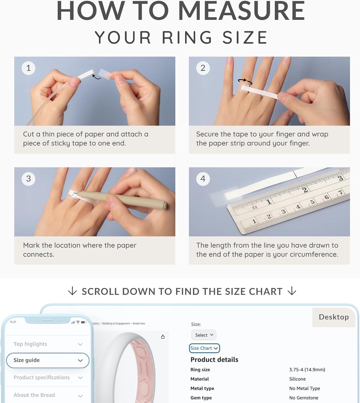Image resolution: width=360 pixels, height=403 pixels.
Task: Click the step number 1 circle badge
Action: click(28, 68)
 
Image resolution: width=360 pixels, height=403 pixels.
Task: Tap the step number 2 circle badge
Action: click(203, 68)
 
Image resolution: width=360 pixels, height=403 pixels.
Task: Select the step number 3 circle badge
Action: click(28, 179)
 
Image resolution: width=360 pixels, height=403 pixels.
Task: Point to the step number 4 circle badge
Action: click(203, 179)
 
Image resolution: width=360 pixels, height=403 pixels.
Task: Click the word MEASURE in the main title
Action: click(241, 11)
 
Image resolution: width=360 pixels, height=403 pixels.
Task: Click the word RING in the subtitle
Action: click(187, 37)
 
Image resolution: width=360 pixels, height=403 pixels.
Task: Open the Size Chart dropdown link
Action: click(204, 348)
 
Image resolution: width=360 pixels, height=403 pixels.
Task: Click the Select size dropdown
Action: click(204, 335)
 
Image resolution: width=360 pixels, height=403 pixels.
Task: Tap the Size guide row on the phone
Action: click(48, 360)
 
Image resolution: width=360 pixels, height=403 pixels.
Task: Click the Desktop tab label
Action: click(334, 317)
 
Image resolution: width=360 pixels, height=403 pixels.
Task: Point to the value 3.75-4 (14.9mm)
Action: click(307, 370)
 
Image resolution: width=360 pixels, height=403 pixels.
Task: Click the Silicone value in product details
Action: click(297, 379)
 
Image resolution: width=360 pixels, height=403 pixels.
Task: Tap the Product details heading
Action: click(214, 360)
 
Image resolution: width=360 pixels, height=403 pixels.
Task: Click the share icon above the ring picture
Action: click(163, 337)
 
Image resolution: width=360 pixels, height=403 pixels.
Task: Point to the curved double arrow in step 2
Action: click(245, 81)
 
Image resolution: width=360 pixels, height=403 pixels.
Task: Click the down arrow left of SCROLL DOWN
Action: click(72, 291)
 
